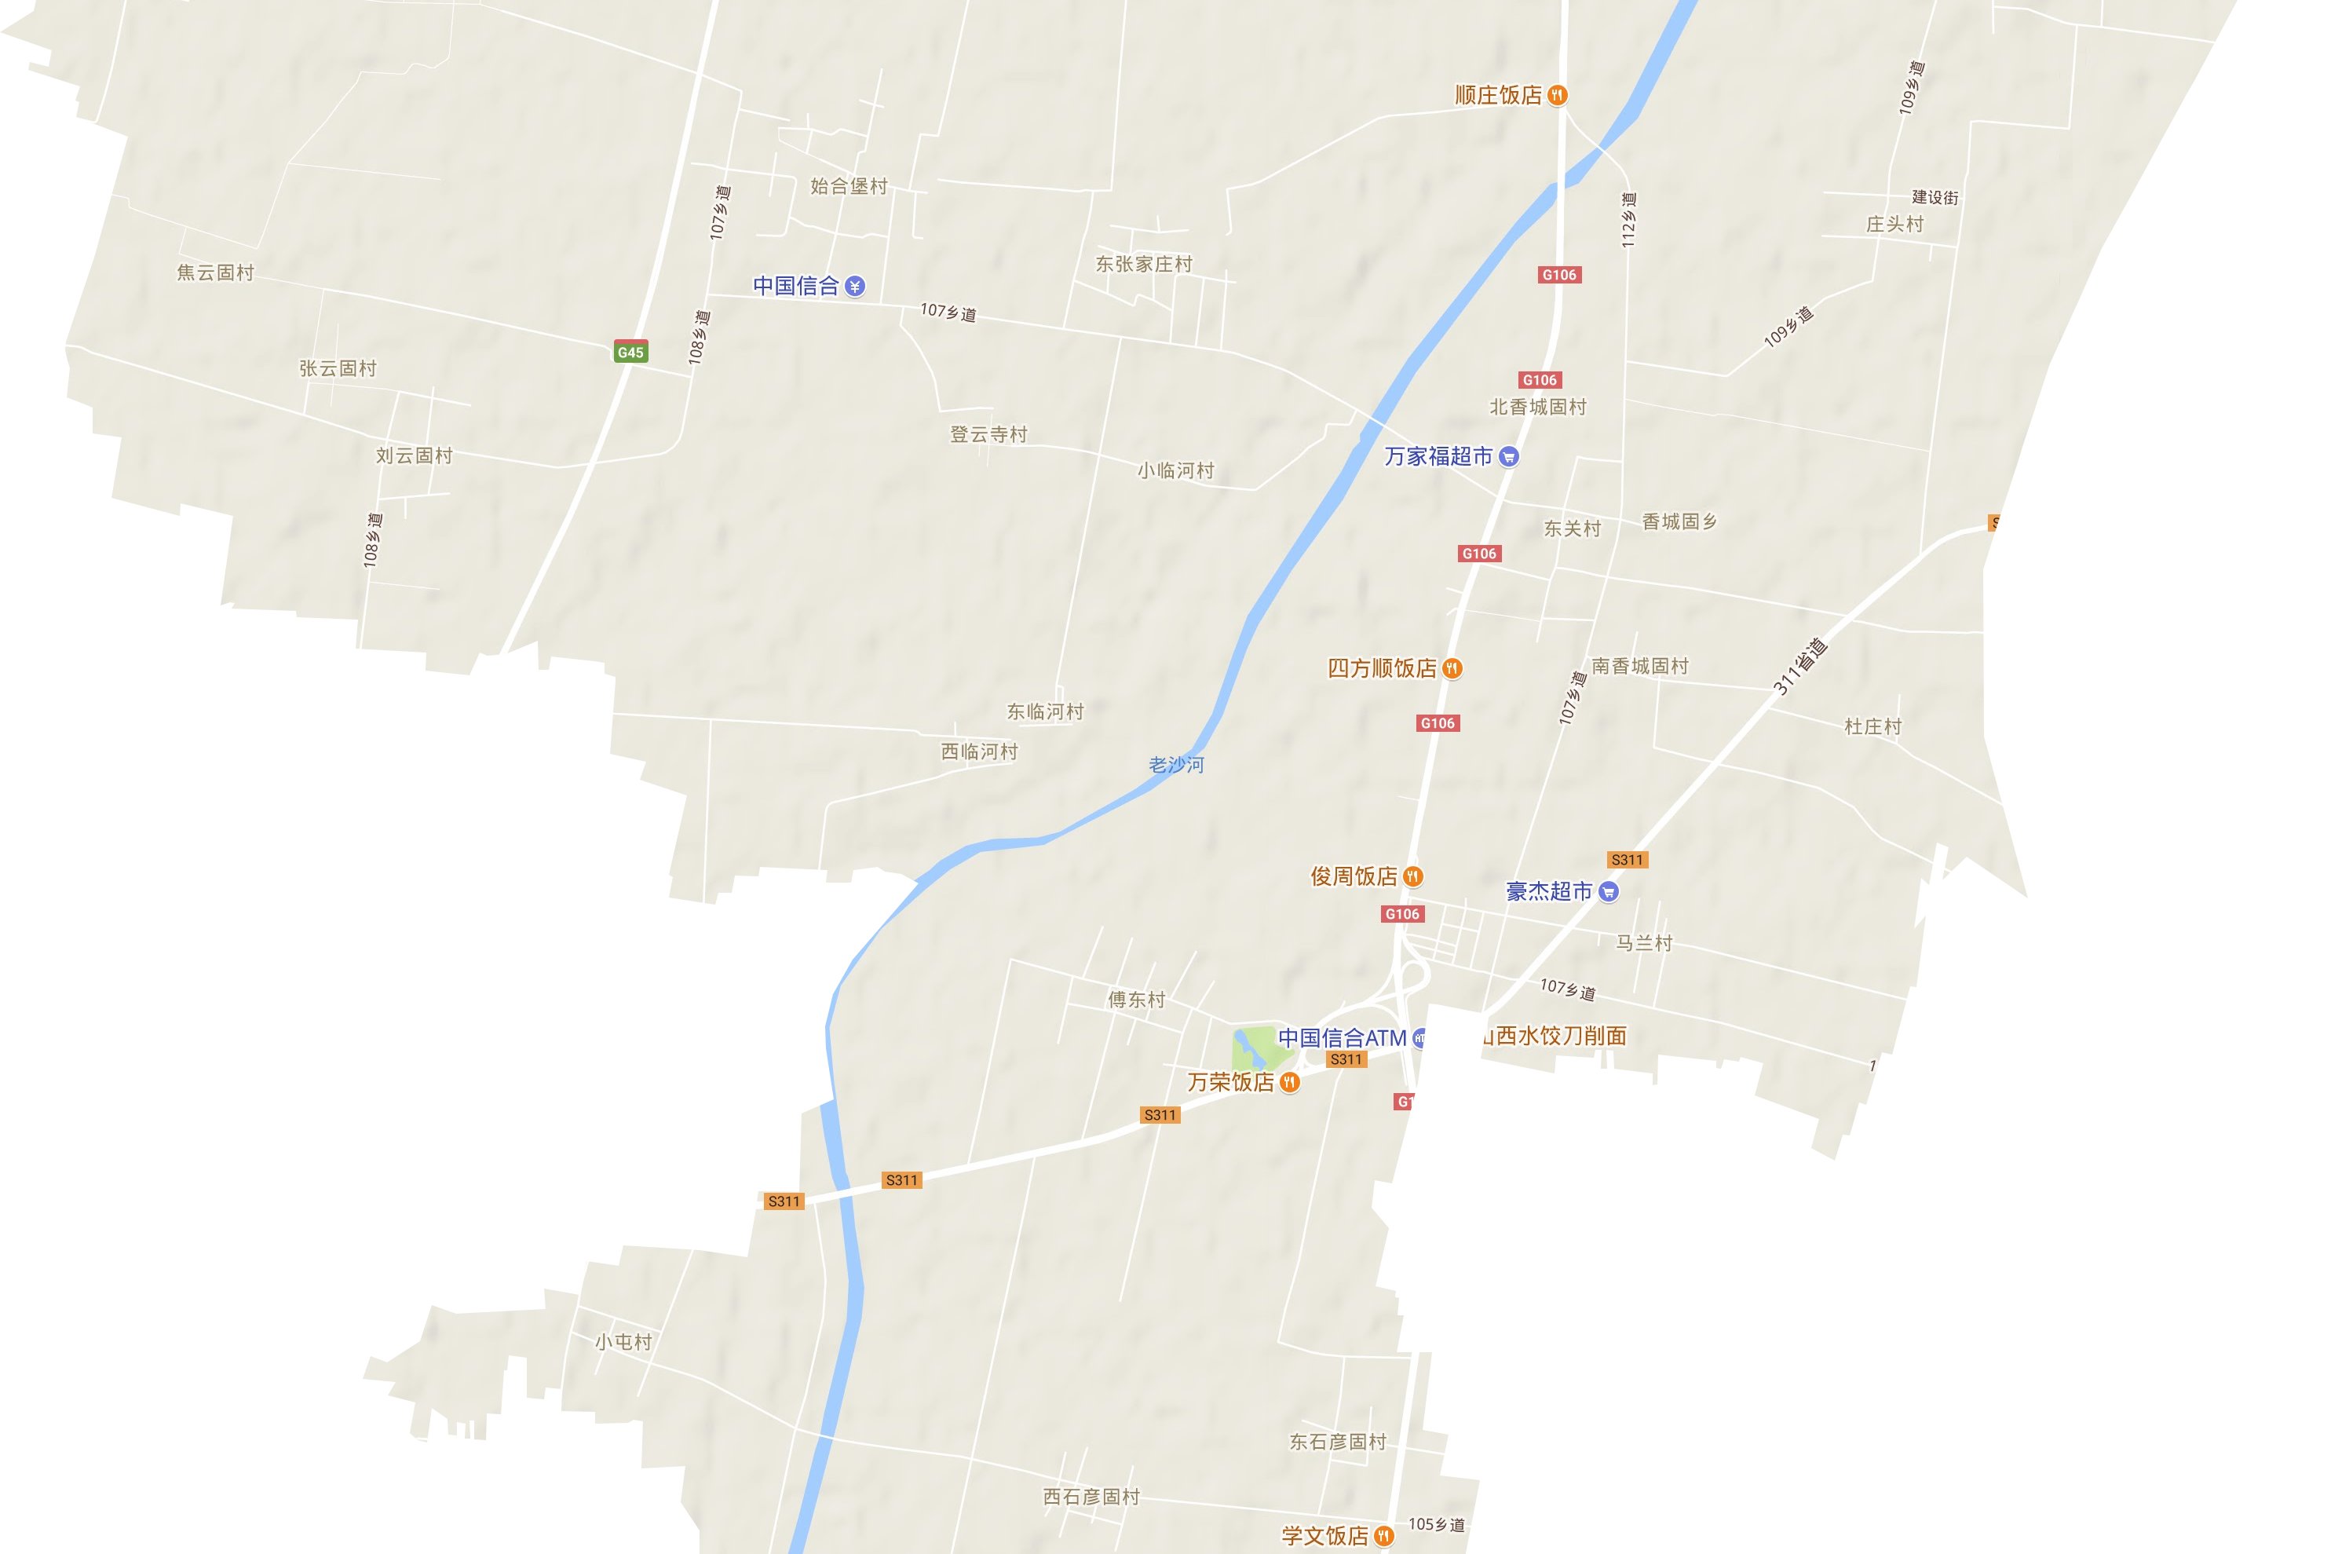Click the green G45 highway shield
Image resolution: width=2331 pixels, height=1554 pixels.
pos(630,352)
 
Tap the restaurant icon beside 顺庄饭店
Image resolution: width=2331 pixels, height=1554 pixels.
pos(1558,95)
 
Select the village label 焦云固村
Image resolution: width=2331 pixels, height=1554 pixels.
pos(215,272)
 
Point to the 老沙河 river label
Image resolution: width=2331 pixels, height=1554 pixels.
pos(1176,764)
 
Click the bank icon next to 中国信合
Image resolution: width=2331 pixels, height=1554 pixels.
pos(855,287)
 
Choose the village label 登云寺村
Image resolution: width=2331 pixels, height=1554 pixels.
pos(988,434)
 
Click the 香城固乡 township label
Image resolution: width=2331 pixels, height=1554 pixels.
pos(1679,521)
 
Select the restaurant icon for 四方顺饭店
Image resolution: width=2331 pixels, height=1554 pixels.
pos(1452,668)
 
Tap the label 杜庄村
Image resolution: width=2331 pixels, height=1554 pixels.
pos(1872,726)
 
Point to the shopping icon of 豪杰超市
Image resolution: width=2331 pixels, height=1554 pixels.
pos(1609,891)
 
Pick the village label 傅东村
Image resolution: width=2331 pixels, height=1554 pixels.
pos(1136,999)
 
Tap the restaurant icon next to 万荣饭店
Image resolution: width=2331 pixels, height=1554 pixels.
pos(1290,1082)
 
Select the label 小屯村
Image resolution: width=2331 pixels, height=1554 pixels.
pos(623,1342)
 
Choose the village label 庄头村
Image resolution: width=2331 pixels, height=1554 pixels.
pos(1894,224)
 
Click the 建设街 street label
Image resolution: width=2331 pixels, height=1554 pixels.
pos(1935,197)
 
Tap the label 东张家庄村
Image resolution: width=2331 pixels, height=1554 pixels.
pos(1143,264)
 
